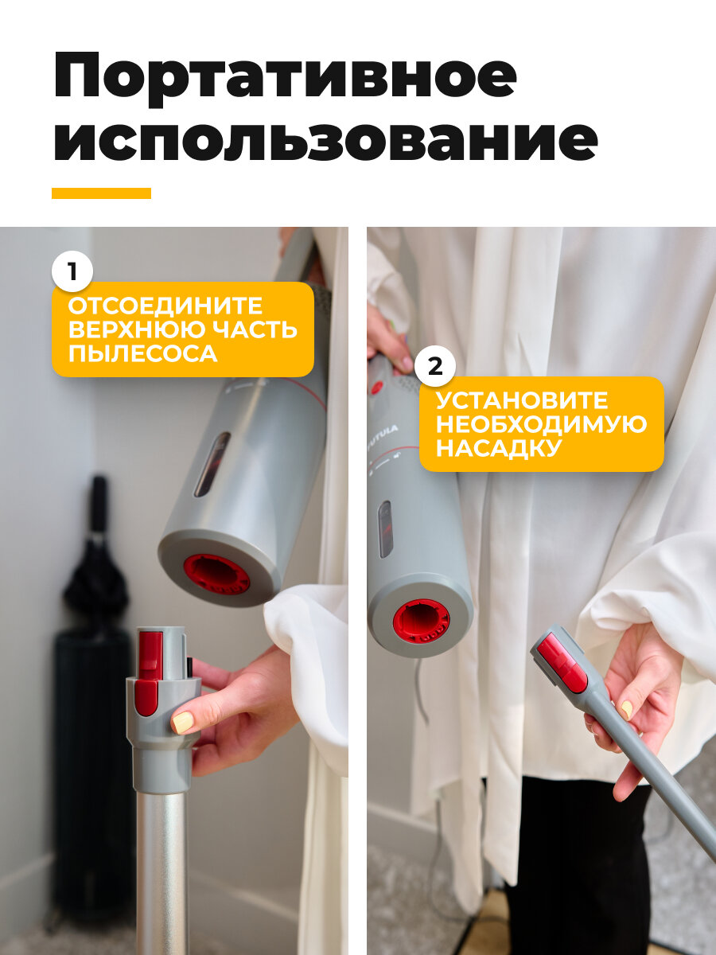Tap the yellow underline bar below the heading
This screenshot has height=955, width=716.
pos(101,193)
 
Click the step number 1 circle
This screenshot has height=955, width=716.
pos(72,272)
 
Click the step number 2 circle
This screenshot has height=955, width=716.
pos(435,366)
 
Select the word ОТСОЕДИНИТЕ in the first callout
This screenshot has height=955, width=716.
pos(165,306)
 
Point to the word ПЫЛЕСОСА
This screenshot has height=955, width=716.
pos(142,353)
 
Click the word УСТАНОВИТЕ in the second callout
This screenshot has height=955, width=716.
pos(522,400)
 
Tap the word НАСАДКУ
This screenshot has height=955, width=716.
pos(497,448)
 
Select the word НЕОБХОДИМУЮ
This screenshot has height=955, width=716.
pos(541,424)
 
